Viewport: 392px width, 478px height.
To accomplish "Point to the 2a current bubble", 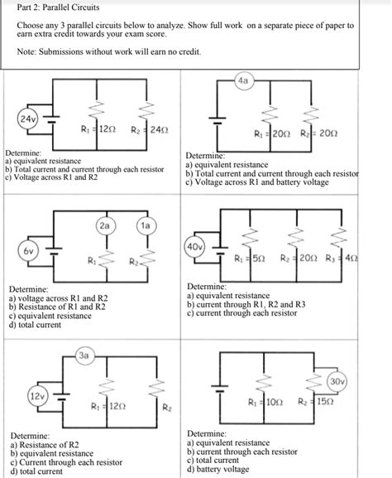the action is (103, 225).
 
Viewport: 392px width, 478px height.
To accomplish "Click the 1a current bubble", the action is (144, 225).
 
